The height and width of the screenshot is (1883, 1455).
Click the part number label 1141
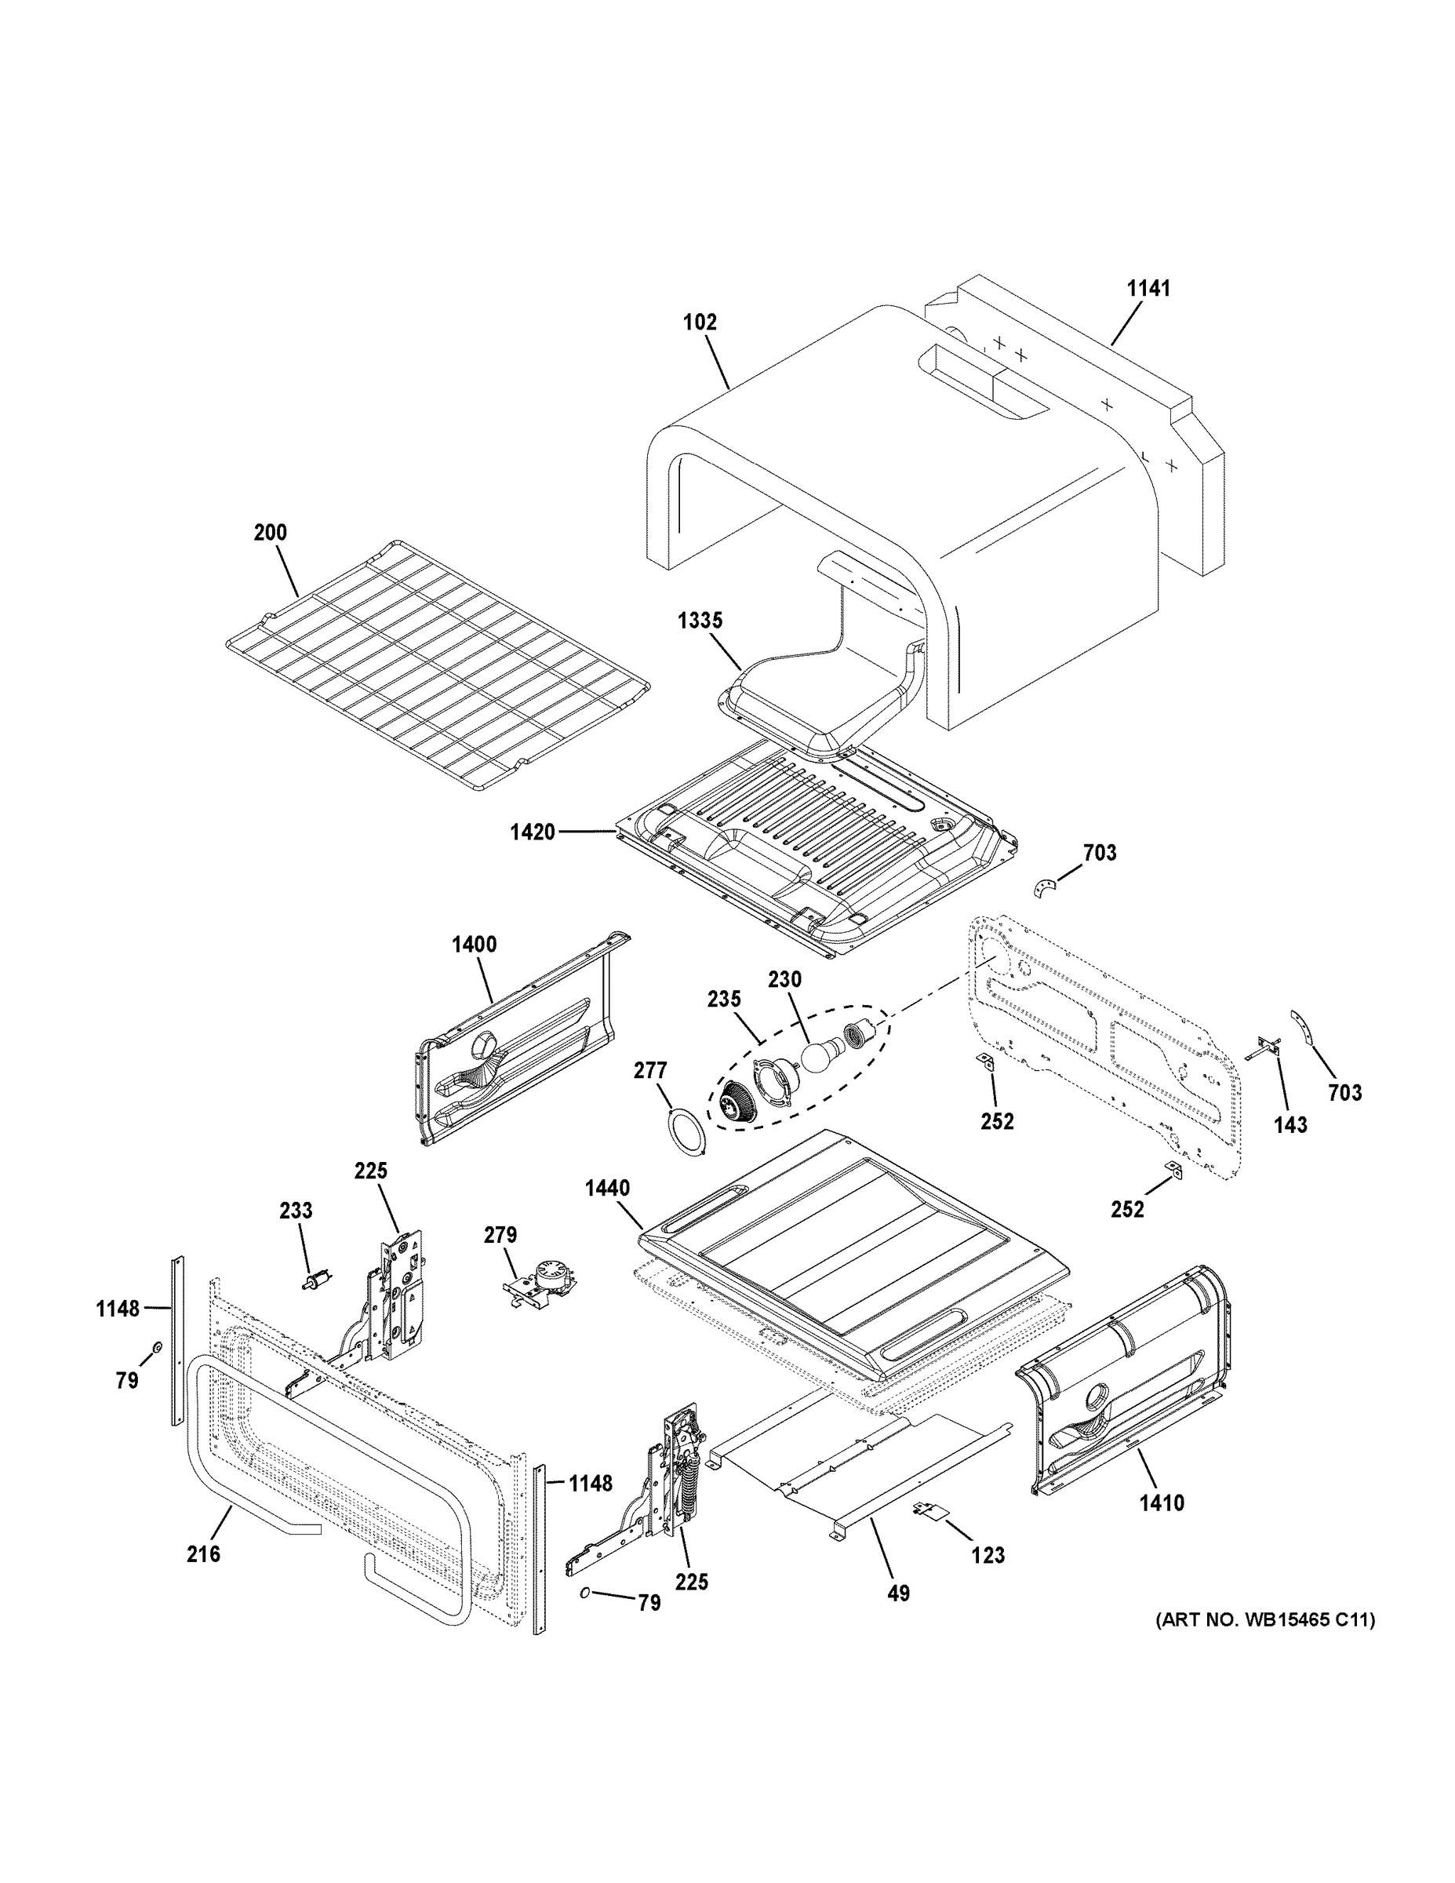pyautogui.click(x=1149, y=289)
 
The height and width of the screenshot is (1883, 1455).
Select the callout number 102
pyautogui.click(x=699, y=322)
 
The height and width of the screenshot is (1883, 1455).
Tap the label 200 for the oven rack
pyautogui.click(x=270, y=533)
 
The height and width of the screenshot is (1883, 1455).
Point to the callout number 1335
pyautogui.click(x=700, y=620)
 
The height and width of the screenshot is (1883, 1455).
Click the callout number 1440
pyautogui.click(x=607, y=1188)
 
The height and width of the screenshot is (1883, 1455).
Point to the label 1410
pyautogui.click(x=1161, y=1503)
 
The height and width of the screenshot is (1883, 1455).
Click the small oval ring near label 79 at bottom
pyautogui.click(x=584, y=1593)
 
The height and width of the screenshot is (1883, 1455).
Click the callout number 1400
pyautogui.click(x=474, y=944)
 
